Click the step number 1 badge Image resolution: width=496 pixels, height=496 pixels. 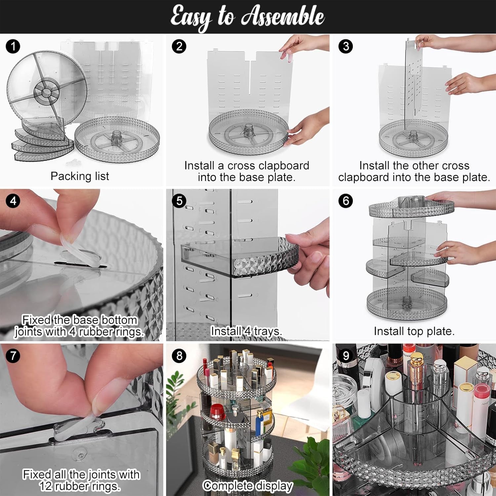click(13, 46)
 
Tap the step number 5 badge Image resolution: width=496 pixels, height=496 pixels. click(179, 201)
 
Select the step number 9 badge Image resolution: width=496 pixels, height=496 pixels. click(346, 355)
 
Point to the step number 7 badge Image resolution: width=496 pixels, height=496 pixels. click(13, 355)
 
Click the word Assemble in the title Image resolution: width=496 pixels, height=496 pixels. click(283, 17)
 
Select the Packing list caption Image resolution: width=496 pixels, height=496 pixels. click(80, 176)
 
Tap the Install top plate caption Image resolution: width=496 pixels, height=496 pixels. click(414, 331)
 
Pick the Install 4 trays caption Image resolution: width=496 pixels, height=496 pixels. click(246, 331)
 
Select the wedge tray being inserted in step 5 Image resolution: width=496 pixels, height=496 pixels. click(238, 258)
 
